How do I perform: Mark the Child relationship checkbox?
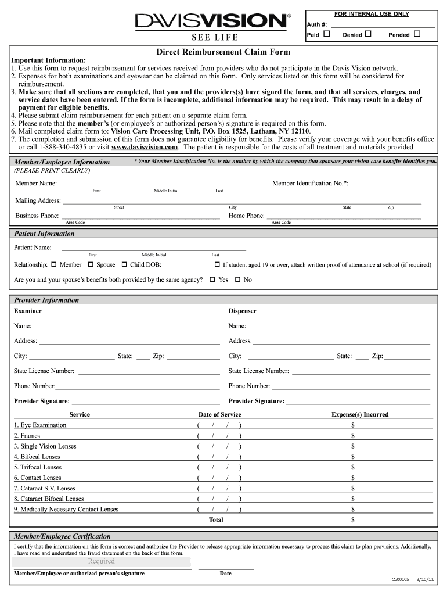click(124, 265)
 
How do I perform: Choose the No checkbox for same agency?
click(237, 279)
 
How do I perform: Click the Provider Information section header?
click(46, 300)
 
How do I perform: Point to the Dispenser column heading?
click(242, 311)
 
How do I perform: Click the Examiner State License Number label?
click(44, 371)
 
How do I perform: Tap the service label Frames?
click(27, 436)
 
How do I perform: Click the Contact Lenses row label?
click(38, 478)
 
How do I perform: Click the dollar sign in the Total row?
click(353, 520)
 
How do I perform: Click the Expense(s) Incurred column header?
click(360, 414)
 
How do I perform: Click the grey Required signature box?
click(102, 562)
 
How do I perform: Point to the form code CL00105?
click(401, 580)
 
